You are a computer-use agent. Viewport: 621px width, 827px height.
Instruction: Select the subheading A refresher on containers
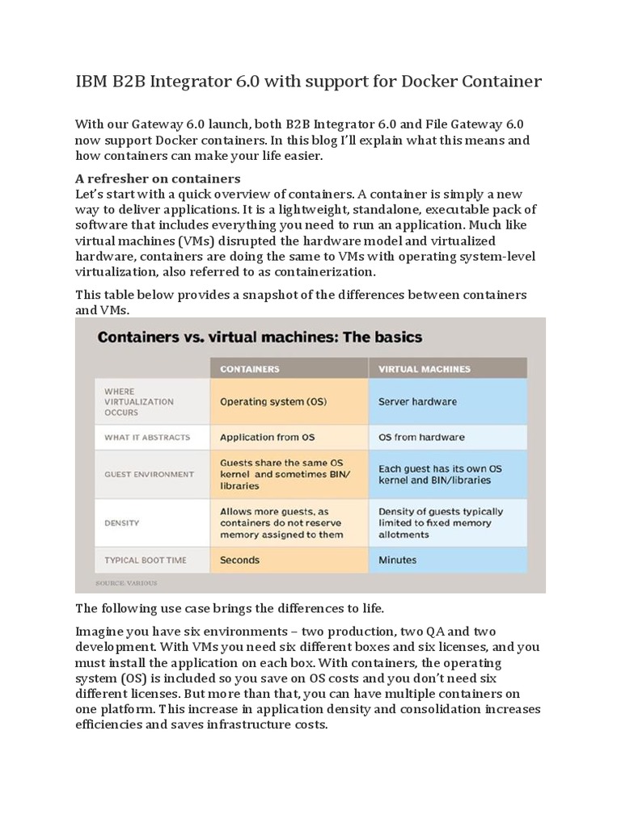click(x=158, y=178)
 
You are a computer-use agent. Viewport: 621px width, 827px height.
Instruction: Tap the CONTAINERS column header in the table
click(x=250, y=369)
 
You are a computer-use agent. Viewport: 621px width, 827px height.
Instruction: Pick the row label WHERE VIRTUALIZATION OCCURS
click(x=127, y=401)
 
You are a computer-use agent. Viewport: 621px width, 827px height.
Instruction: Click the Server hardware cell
click(x=417, y=401)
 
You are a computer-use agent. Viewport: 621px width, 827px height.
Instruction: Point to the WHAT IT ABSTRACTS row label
click(x=146, y=437)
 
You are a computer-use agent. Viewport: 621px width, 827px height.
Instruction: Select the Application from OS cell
click(x=268, y=437)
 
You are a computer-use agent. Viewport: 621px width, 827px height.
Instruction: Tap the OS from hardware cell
click(x=421, y=437)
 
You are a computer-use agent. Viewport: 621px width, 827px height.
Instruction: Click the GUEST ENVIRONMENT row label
click(x=149, y=474)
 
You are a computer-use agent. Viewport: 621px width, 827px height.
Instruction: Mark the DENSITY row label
click(x=121, y=523)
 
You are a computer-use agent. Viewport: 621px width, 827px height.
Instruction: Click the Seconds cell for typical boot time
click(x=240, y=560)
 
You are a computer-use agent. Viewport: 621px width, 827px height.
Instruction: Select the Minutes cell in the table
click(x=398, y=560)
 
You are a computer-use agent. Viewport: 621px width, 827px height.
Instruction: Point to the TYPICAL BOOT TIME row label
click(x=146, y=560)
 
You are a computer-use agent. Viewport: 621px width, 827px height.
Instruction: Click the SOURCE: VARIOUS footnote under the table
click(x=126, y=582)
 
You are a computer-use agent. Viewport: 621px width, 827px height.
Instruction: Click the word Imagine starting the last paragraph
click(x=102, y=631)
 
